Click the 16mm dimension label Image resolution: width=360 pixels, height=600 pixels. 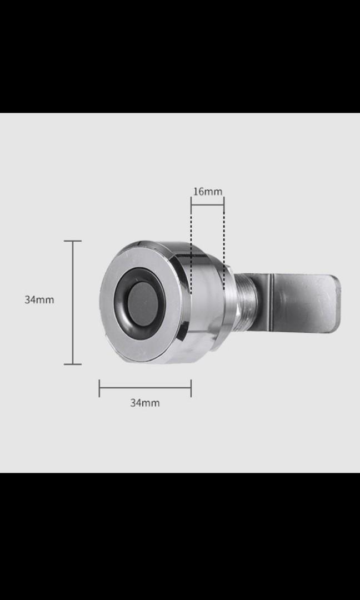(x=207, y=192)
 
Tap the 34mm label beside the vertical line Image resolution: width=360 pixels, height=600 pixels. (x=39, y=299)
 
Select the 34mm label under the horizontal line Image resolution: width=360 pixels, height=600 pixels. (x=144, y=403)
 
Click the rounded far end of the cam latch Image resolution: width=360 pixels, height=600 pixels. (x=336, y=302)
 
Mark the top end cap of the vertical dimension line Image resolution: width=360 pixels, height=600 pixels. (x=73, y=241)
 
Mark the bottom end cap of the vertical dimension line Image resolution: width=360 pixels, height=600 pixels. (x=73, y=364)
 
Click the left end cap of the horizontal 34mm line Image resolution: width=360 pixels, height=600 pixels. (x=99, y=388)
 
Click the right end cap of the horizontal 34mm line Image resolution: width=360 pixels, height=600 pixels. (x=191, y=388)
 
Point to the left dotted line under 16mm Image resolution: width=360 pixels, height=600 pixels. (x=191, y=244)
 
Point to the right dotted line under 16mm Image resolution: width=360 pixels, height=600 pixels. (x=224, y=244)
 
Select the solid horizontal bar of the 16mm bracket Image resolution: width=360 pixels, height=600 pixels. (x=207, y=204)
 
